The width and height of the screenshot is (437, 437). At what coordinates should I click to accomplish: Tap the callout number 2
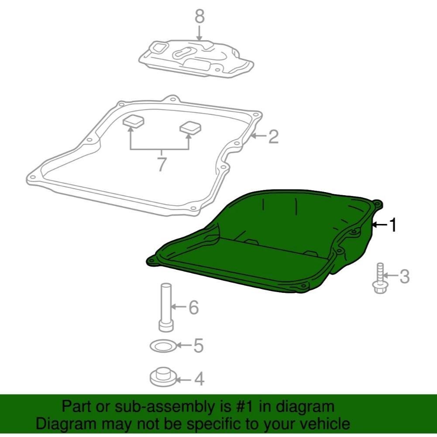(273, 137)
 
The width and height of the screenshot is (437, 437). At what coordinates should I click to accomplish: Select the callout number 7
(162, 165)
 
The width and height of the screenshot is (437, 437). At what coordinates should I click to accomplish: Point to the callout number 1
(392, 225)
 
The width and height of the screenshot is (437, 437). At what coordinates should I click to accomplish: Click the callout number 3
(404, 276)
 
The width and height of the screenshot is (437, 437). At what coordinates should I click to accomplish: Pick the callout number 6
(193, 308)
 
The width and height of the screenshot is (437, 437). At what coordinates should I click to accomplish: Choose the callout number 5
(198, 346)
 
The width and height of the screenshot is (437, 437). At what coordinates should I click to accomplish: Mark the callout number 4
(199, 379)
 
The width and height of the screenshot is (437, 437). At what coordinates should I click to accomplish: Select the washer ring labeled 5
(163, 347)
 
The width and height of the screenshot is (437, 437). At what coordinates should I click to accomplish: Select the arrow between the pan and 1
(380, 225)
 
